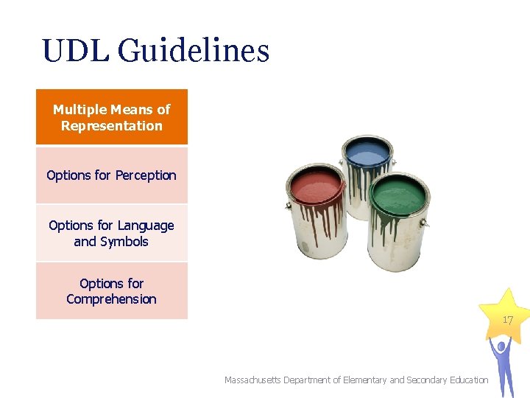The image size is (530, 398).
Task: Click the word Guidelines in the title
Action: tap(194, 52)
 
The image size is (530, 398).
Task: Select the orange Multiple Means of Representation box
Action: tap(112, 117)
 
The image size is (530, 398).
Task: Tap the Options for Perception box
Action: tap(112, 175)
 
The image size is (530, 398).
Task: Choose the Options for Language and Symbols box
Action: tap(112, 233)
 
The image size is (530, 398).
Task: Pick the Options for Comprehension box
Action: tap(112, 290)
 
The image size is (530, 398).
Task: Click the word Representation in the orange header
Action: tap(112, 126)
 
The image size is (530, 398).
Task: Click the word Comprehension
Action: tap(112, 299)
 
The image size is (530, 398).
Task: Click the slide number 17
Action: tap(507, 321)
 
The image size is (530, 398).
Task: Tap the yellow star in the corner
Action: tap(503, 315)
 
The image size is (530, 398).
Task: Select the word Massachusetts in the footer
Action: tap(256, 380)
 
